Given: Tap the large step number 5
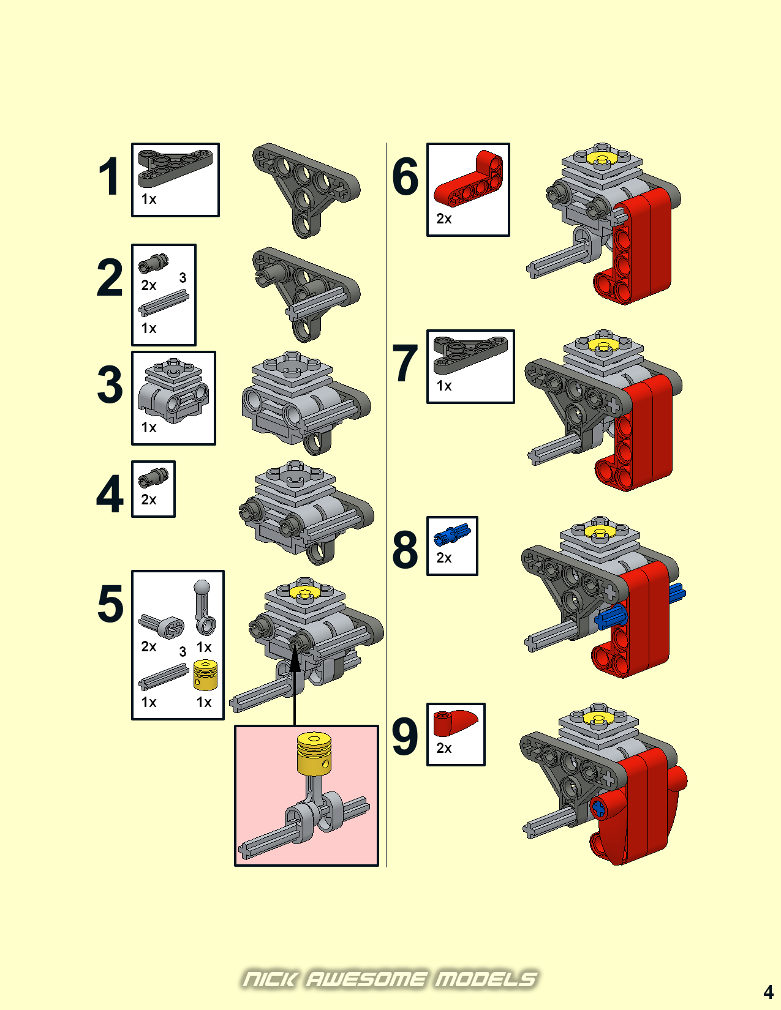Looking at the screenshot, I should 110,604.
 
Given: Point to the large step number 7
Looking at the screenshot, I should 405,364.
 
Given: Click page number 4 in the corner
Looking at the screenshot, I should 768,992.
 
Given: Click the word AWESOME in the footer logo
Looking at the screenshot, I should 366,979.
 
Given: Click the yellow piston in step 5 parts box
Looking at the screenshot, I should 205,675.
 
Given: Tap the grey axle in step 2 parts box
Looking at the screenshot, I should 164,302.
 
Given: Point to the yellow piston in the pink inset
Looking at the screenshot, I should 314,753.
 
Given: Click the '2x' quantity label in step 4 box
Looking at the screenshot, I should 149,500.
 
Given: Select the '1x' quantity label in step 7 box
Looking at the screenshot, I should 444,386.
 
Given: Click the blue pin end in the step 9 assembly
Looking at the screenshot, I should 598,809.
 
